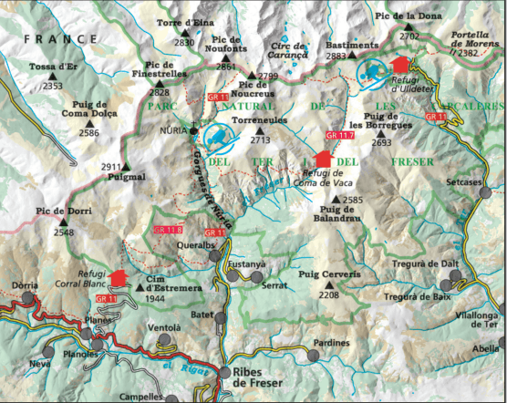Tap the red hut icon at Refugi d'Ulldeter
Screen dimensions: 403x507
(398, 64)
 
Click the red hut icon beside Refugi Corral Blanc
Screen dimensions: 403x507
(117, 278)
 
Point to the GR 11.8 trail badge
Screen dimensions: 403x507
(169, 230)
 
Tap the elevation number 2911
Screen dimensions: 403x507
(111, 167)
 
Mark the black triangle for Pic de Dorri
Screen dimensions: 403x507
(65, 221)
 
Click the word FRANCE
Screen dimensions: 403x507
(60, 39)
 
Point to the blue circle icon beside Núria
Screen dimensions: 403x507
(218, 139)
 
